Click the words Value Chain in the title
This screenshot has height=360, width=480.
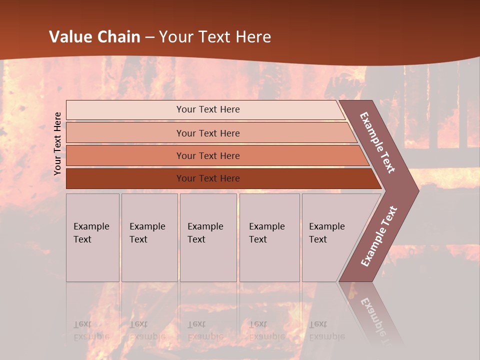click(94, 37)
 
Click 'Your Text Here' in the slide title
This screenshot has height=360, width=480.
click(215, 37)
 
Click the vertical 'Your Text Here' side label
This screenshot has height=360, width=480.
click(57, 143)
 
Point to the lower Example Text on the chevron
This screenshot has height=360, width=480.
click(379, 236)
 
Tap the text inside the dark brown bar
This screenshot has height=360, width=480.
click(208, 178)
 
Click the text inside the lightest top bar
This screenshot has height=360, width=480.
click(208, 109)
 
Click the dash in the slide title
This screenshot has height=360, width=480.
click(149, 37)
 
